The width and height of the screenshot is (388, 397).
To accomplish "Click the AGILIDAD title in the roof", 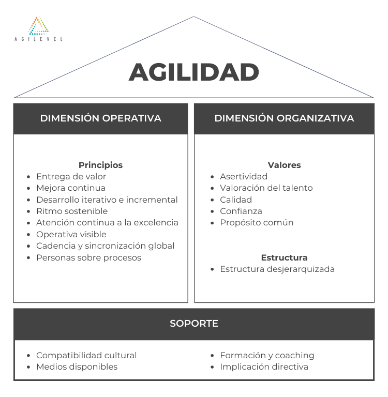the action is [194, 72].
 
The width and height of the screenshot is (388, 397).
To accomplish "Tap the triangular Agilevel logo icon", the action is [38, 26].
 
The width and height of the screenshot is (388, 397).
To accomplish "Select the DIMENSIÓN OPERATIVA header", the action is [100, 118].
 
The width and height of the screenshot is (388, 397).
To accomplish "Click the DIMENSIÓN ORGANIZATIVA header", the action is [284, 118].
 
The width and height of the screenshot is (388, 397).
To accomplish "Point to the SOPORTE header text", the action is [194, 323].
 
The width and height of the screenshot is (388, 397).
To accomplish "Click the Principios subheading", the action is [100, 165].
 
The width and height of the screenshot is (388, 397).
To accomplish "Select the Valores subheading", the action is [284, 165].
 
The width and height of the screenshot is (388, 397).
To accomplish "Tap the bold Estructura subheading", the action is [284, 257].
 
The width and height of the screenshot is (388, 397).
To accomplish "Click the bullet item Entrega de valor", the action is [71, 176].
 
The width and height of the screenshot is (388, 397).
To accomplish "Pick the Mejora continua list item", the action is [71, 188].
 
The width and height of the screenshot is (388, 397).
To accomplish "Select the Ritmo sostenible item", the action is [72, 211].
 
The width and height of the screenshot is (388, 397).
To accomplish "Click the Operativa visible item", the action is [71, 234].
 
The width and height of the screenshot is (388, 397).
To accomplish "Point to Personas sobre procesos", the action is [88, 257].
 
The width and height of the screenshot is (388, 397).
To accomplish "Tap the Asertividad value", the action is [244, 176].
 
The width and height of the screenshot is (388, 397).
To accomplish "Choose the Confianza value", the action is [241, 211].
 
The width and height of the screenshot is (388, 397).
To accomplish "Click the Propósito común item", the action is [257, 223].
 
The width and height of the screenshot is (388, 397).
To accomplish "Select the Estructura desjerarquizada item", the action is [277, 269].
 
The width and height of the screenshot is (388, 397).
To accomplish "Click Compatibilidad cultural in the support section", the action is [86, 355].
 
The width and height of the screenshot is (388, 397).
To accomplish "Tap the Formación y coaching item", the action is [267, 355].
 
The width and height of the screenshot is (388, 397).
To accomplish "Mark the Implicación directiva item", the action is [264, 367].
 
